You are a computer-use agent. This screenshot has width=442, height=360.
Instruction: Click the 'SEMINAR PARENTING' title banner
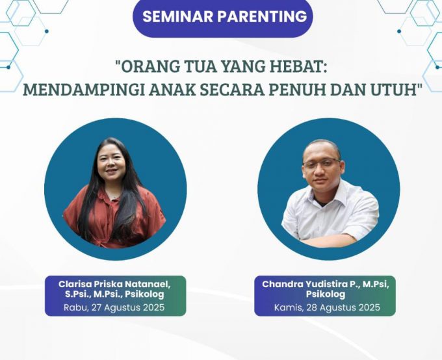tap(223, 17)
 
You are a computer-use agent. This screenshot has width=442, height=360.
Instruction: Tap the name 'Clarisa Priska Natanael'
tap(115, 284)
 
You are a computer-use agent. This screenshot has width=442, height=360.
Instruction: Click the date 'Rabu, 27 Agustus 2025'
tap(115, 307)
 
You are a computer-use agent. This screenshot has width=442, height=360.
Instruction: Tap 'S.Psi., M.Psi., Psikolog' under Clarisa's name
tap(115, 295)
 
